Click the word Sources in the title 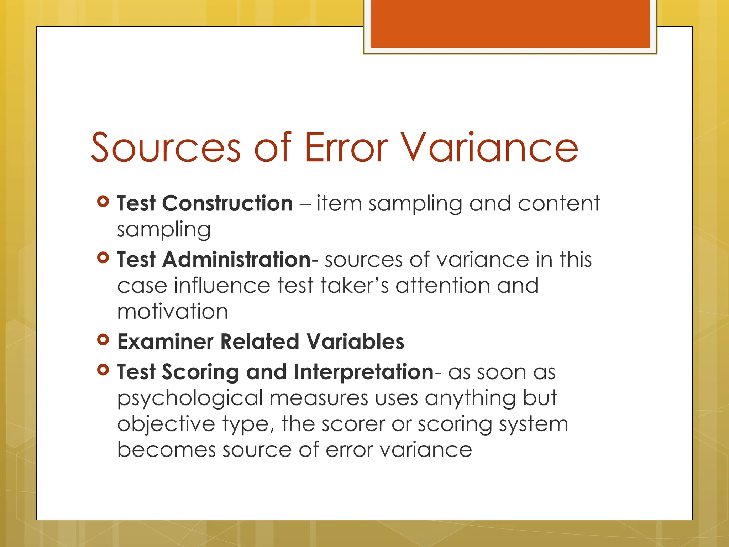pos(166,147)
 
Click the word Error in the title pos(346,147)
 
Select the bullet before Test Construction pos(103,202)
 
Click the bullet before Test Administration pos(103,257)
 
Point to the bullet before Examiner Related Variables pos(103,340)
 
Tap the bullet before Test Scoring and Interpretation pos(103,370)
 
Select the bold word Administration pos(237,259)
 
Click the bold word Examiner pos(165,342)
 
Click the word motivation pos(172,312)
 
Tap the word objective pos(166,424)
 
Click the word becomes pos(166,450)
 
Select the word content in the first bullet pos(559,203)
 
